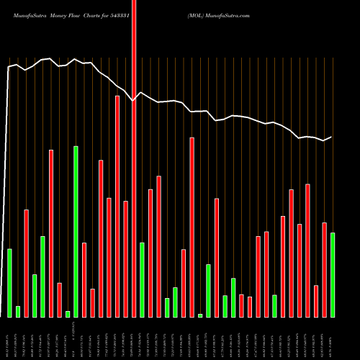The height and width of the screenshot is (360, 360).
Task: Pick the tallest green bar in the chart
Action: click(76, 231)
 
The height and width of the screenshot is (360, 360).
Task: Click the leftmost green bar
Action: click(9, 282)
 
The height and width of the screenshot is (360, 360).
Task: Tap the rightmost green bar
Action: click(332, 274)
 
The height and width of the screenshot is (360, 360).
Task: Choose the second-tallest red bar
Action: click(117, 206)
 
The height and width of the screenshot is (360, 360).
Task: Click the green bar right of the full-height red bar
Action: click(142, 279)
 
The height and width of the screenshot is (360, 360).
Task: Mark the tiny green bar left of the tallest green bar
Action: click(68, 313)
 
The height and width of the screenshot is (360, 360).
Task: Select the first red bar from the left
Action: click(26, 263)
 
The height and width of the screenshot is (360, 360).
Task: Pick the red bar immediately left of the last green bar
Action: click(324, 269)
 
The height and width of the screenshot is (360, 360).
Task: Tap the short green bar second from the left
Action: click(18, 311)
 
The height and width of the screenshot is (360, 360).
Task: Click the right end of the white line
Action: click(331, 137)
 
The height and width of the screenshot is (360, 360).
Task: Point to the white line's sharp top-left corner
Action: click(8, 67)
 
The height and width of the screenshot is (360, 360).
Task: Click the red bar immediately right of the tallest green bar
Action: click(84, 279)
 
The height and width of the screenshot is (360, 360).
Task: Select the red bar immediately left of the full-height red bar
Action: click(125, 258)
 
